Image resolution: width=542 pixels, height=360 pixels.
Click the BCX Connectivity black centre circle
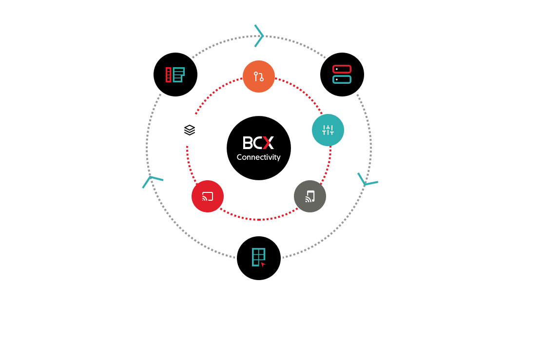(x=258, y=148)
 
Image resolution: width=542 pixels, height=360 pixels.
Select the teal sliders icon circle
(x=328, y=130)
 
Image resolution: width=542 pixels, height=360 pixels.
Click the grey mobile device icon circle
(x=310, y=196)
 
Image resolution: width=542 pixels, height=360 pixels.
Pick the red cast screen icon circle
(x=208, y=196)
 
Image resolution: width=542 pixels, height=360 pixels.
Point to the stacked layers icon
(x=190, y=130)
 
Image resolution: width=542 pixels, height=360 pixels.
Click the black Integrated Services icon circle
(x=175, y=75)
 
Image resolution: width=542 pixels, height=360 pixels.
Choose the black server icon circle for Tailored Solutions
(x=342, y=75)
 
